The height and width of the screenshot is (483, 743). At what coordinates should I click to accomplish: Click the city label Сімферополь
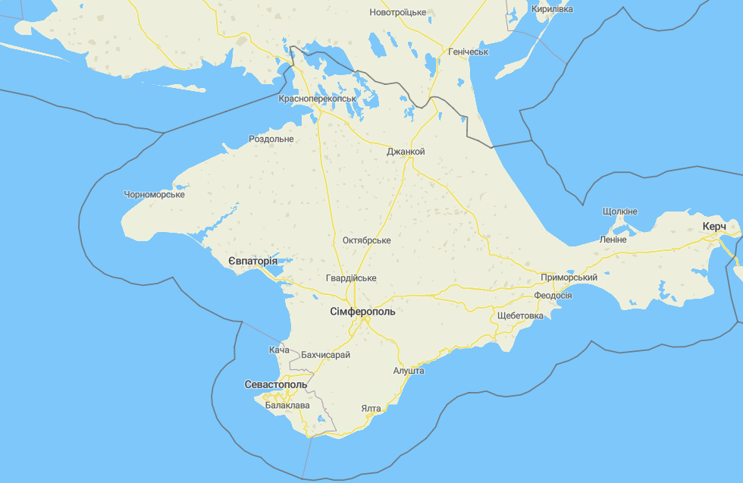pos(362,312)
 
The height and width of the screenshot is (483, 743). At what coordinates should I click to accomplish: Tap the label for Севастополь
pos(276,384)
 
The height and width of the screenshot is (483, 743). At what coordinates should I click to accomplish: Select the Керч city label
pos(714,227)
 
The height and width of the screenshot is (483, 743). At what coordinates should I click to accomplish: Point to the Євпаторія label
pos(252,262)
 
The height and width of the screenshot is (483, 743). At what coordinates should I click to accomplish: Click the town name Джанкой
pos(406,152)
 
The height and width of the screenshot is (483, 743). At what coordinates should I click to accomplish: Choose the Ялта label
pos(371,409)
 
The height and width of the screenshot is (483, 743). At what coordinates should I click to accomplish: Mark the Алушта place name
pos(409,371)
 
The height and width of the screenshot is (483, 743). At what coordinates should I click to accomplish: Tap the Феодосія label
pos(553,296)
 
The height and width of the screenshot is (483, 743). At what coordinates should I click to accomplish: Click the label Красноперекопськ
pos(318,99)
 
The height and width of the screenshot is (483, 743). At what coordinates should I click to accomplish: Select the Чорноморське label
pos(155,195)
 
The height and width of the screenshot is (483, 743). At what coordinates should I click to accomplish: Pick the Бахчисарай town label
pos(326,355)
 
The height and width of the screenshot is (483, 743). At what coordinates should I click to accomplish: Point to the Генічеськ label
pos(469,52)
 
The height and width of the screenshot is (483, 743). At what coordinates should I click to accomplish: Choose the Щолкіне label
pos(620,211)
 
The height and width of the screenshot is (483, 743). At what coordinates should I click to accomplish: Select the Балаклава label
pos(287,406)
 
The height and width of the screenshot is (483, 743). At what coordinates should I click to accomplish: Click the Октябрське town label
pos(367,240)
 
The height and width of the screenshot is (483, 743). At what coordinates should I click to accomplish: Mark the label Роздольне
pos(271,140)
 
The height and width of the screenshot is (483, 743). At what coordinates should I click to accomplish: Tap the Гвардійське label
pos(351,278)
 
